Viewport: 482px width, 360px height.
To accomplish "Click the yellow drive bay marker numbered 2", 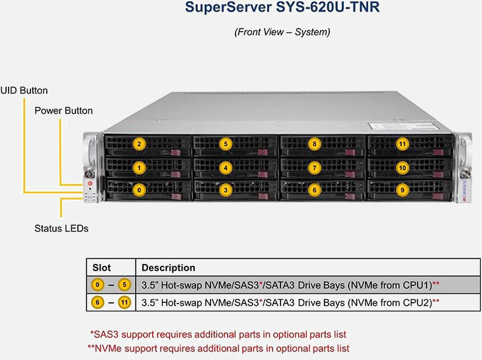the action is pos(139,144).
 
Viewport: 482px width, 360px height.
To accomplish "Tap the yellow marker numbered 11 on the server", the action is pos(402,144).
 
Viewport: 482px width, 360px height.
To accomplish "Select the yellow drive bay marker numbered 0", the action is pos(139,190).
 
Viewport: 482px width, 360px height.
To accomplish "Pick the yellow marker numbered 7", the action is pos(314,168).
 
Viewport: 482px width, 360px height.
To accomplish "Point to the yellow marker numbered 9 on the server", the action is pos(402,190).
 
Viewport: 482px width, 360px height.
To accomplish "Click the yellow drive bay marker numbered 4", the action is pos(226,168).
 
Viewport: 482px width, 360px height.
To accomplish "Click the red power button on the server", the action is pos(89,183).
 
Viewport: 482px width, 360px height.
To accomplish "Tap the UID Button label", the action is pos(24,91).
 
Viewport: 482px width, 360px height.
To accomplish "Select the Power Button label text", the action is pos(63,111).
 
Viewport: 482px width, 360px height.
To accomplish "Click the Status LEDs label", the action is pos(61,228).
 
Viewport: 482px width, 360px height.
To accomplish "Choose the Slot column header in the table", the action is pos(102,268).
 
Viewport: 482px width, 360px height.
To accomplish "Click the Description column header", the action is pos(168,268).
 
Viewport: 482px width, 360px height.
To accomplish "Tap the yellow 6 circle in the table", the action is pos(97,303).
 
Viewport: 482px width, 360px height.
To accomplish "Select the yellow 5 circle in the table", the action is pos(125,285).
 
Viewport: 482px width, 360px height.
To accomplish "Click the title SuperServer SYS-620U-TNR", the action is pos(282,7).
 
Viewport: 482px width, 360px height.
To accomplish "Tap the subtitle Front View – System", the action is pos(282,32).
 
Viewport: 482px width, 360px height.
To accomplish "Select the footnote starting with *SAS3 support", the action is pos(218,334).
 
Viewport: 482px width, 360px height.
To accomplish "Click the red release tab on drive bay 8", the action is pos(350,153).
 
